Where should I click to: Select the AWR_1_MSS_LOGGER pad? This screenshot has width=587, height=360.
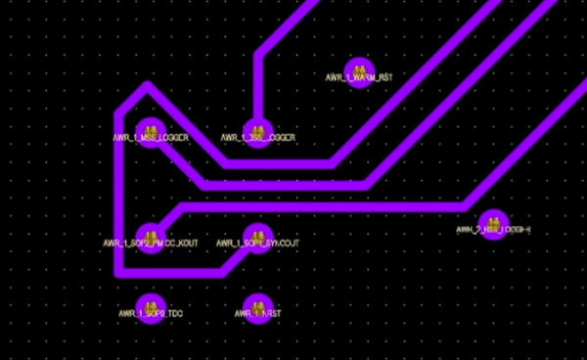(x=151, y=129)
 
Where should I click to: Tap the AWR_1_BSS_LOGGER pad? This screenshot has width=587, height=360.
(x=257, y=129)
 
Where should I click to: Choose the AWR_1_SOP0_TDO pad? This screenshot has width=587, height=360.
(x=150, y=306)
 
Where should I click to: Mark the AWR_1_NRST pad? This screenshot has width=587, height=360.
(x=256, y=306)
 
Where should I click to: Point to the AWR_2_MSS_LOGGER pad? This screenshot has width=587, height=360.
(x=492, y=222)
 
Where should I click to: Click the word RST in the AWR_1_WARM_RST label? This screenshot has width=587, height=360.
(x=384, y=77)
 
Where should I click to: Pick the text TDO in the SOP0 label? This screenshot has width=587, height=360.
(x=174, y=315)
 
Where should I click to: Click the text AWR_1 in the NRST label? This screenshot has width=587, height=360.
(x=247, y=315)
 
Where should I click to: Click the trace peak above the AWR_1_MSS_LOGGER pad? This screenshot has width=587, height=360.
(x=147, y=86)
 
